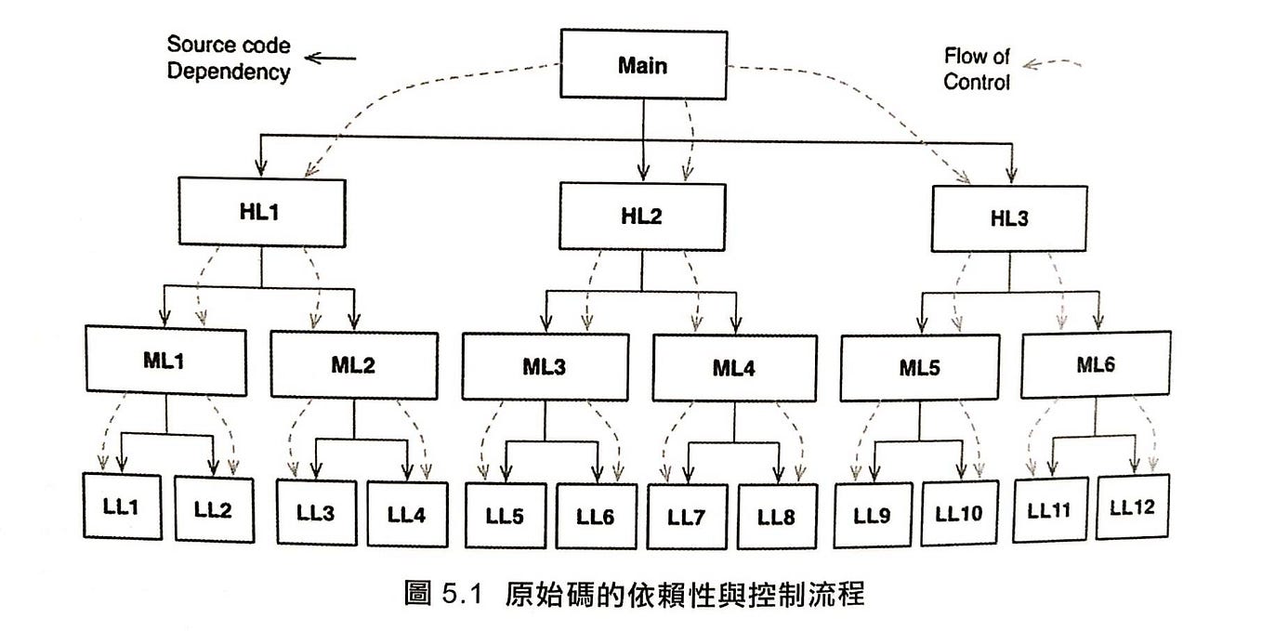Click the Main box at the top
642,66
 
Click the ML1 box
166,361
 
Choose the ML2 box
353,362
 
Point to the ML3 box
545,367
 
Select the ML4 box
734,368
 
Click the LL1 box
122,506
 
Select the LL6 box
595,515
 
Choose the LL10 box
960,512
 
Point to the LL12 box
1133,508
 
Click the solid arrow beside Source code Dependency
331,59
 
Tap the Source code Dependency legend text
228,59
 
